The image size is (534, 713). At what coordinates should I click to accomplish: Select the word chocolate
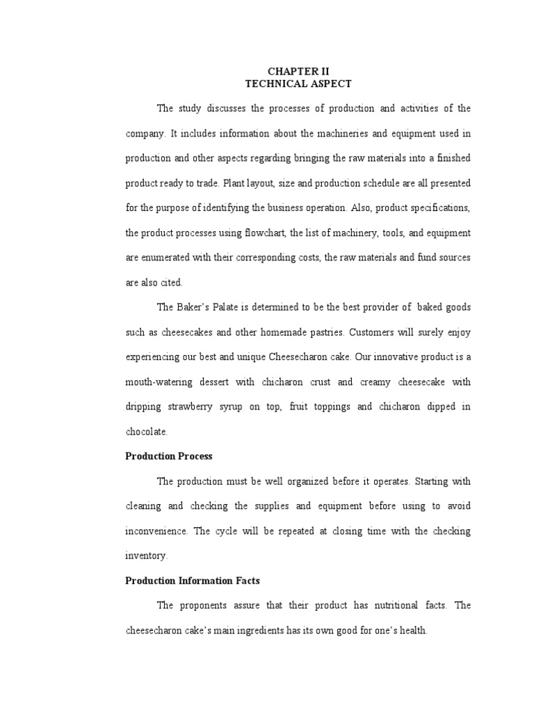146,432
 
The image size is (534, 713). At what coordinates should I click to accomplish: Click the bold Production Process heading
169,457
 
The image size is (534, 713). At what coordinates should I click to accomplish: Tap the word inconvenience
156,531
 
